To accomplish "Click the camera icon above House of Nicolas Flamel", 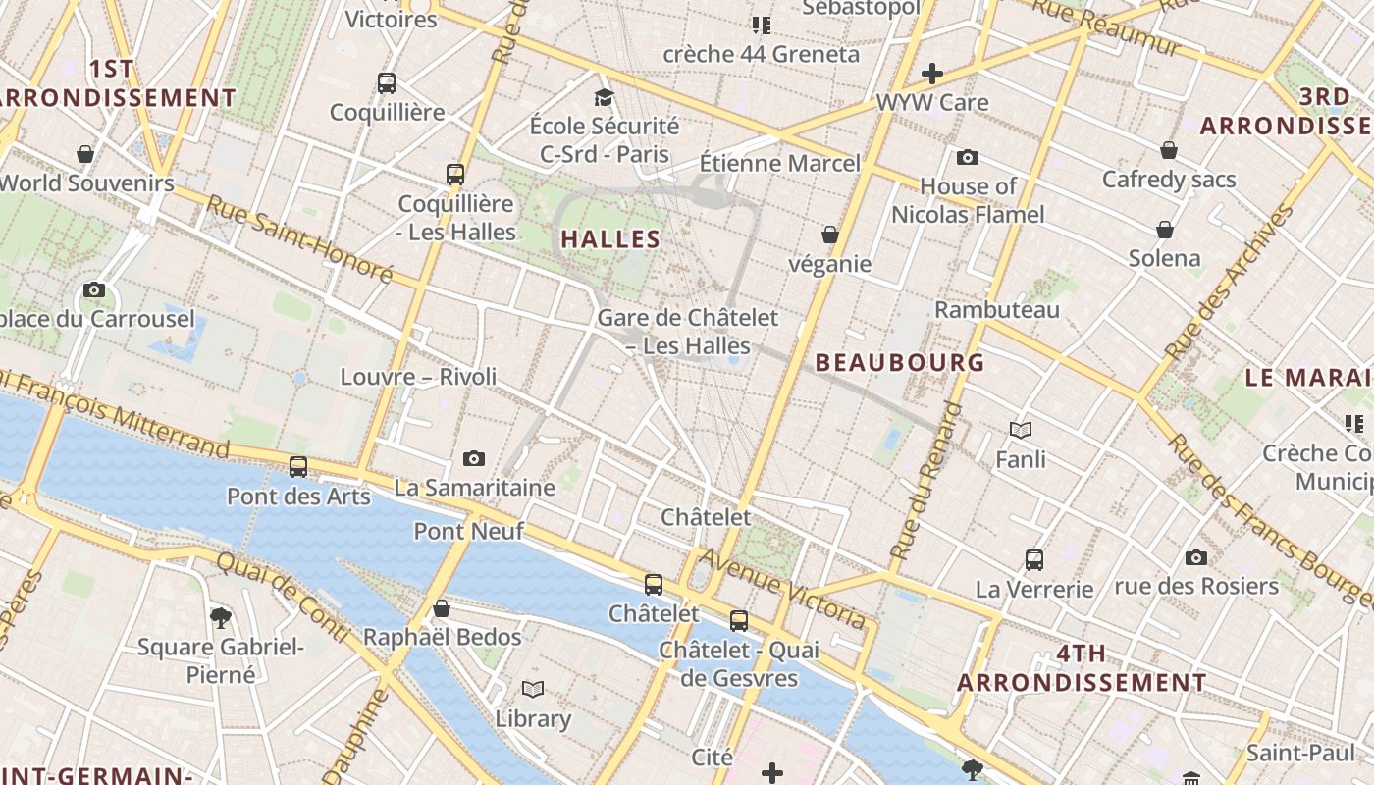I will [x=967, y=157].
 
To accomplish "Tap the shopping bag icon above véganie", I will [x=830, y=235].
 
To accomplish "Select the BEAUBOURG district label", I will [x=900, y=362].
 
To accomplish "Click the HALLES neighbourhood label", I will [x=610, y=238].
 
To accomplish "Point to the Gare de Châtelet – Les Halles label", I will [x=687, y=332].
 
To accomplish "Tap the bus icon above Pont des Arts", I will [x=298, y=467].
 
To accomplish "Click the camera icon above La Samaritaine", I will [x=474, y=458].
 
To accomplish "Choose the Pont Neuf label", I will [x=468, y=531].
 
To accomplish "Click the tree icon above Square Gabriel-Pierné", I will [x=221, y=618].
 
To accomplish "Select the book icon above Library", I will [x=533, y=690].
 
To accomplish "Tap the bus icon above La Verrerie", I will [x=1033, y=560].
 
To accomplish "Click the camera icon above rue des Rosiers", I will [x=1195, y=557].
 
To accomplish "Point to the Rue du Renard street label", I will [x=927, y=481].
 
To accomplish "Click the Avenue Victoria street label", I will [x=784, y=589].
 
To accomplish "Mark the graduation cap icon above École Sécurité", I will [x=604, y=97].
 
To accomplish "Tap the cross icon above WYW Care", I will [x=931, y=74].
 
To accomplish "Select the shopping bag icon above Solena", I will [x=1165, y=230].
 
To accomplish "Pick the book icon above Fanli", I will [x=1021, y=430].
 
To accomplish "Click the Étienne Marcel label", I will [x=779, y=163].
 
